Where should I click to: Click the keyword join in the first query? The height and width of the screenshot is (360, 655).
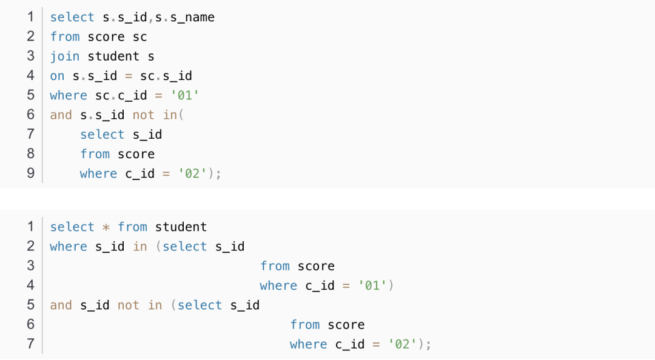tap(65, 56)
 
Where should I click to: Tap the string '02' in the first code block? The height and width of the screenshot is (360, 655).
tap(193, 174)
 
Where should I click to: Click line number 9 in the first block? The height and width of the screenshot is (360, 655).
tap(30, 173)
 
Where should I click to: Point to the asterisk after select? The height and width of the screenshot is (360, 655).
tap(106, 227)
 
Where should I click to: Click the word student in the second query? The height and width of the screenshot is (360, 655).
tap(181, 227)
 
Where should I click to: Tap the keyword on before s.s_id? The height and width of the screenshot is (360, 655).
tap(57, 76)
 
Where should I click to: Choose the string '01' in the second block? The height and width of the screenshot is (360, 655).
tap(373, 285)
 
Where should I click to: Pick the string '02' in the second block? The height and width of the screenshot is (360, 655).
tap(403, 344)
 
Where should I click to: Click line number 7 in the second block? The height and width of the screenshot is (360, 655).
tap(30, 344)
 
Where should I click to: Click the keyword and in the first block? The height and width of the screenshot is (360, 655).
tap(61, 115)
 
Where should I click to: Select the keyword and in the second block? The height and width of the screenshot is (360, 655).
tap(61, 305)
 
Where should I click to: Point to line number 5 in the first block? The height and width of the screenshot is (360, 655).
tap(30, 95)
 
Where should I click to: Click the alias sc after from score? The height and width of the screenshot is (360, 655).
tap(139, 37)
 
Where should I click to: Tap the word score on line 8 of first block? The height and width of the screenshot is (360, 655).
tap(136, 154)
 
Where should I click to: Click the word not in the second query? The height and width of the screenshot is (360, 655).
tap(128, 305)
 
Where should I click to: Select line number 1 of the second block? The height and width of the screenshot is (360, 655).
tap(30, 227)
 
